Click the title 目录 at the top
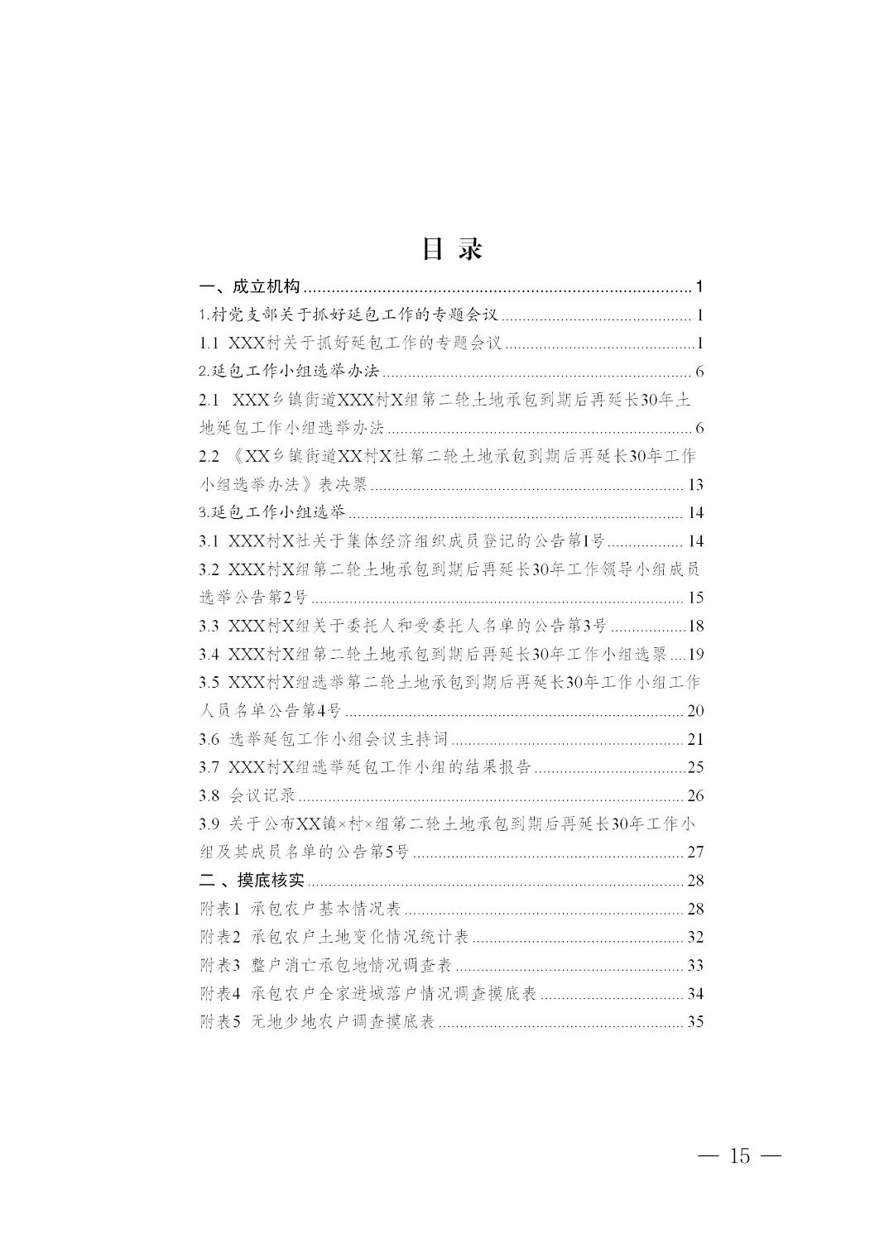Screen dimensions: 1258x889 point(451,248)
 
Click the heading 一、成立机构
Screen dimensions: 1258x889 point(250,287)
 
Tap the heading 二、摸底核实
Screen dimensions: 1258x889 point(252,880)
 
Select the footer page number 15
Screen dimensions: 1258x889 point(739,1155)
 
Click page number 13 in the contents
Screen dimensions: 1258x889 point(694,485)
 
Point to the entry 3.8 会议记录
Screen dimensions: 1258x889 point(247,795)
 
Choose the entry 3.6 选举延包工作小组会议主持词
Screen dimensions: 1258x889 point(324,739)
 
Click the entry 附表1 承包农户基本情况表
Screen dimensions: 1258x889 point(300,909)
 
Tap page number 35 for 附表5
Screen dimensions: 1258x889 point(694,1021)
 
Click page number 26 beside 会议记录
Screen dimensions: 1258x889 point(694,795)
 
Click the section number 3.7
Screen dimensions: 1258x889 point(209,767)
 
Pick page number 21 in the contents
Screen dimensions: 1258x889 point(694,739)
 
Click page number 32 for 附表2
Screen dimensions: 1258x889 point(694,937)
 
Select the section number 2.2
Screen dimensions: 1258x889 point(209,456)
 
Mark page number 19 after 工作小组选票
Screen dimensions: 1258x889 point(694,655)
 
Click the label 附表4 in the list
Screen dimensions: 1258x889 point(219,993)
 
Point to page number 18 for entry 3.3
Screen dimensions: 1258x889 point(694,626)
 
